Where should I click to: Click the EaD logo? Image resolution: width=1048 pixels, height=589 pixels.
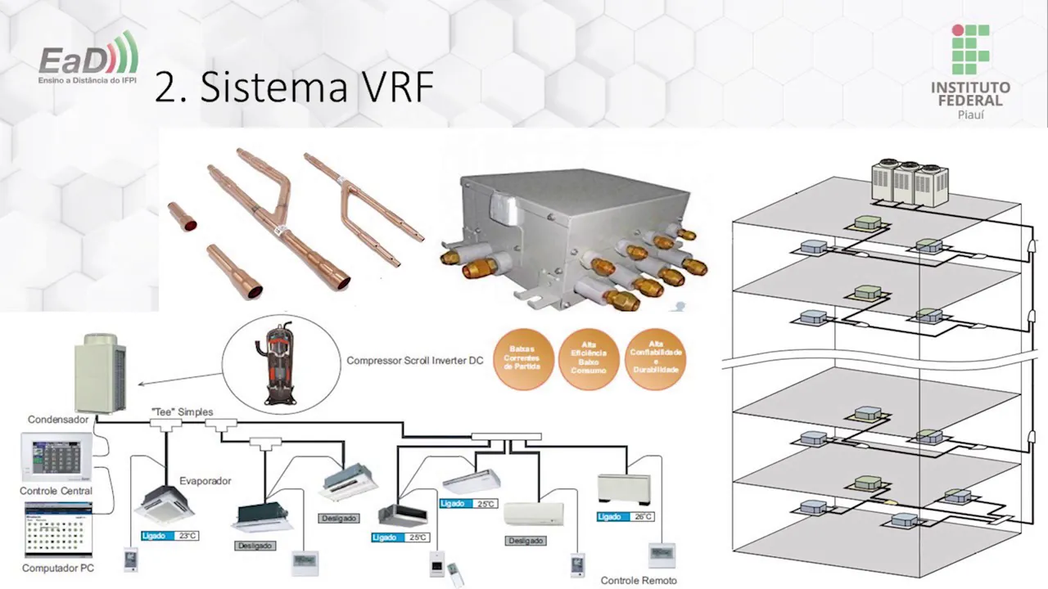click(x=88, y=60)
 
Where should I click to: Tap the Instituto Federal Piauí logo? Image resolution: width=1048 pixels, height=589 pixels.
click(x=970, y=72)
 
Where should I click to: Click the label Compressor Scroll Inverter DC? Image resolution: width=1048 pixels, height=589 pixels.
click(x=414, y=360)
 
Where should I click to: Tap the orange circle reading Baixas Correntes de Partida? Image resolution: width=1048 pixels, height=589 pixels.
click(x=522, y=358)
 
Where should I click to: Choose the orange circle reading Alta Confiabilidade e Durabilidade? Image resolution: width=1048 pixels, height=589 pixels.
click(x=655, y=358)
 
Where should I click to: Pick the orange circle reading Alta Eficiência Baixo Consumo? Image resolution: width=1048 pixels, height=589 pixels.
click(x=589, y=358)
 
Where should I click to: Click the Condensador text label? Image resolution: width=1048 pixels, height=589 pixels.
click(x=58, y=420)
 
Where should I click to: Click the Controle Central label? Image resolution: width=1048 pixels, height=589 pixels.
click(x=56, y=491)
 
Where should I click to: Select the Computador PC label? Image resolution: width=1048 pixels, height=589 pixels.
click(x=58, y=568)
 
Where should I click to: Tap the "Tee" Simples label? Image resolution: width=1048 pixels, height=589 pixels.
click(x=182, y=412)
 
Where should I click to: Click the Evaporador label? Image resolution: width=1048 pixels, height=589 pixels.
click(x=206, y=481)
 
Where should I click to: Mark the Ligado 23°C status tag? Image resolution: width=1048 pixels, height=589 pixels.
click(x=169, y=536)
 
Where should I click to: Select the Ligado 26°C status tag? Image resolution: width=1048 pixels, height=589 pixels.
click(x=626, y=517)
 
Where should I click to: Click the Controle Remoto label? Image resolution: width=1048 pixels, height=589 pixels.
click(x=639, y=580)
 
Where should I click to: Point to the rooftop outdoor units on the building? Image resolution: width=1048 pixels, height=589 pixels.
click(x=909, y=180)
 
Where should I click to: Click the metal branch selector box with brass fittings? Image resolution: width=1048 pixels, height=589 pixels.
click(x=573, y=237)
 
